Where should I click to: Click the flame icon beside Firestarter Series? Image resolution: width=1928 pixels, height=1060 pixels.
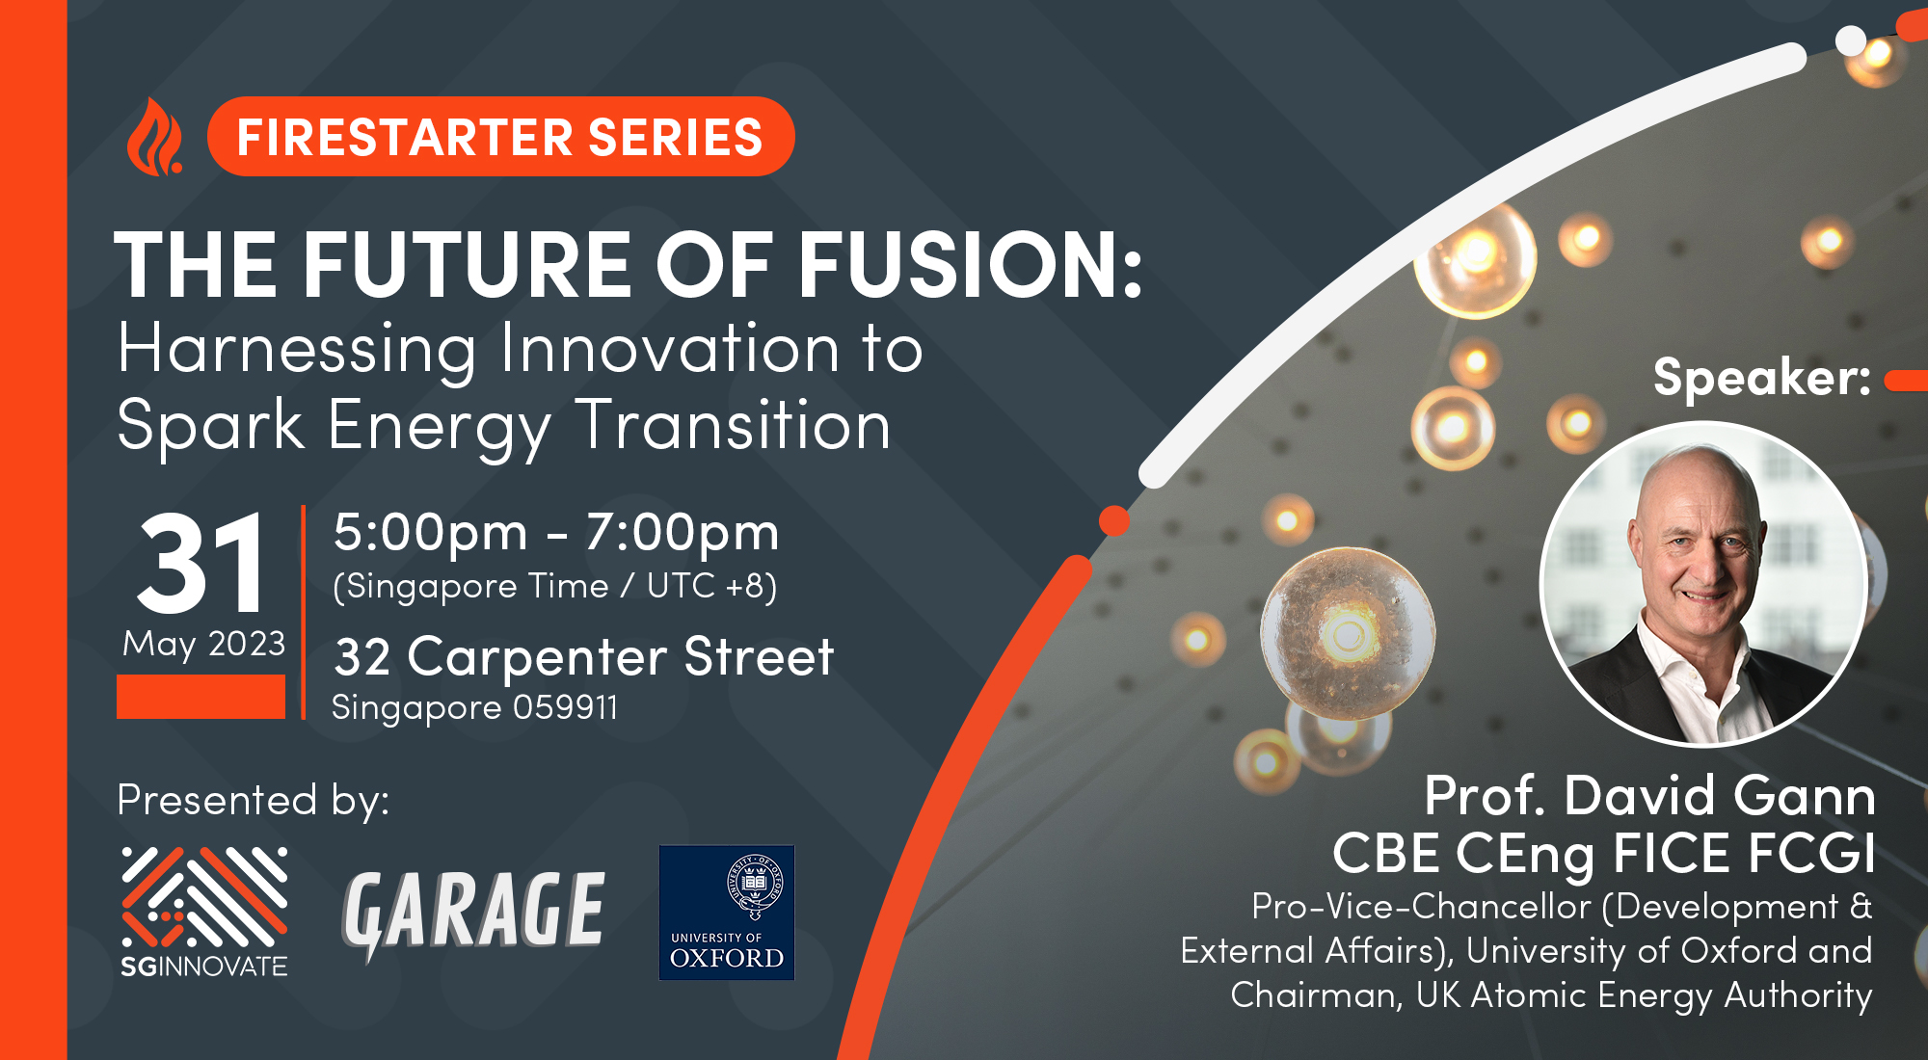tap(154, 137)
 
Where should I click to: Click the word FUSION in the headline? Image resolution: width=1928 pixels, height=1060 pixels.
tap(970, 265)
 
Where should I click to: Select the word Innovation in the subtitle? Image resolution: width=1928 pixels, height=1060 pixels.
tap(671, 348)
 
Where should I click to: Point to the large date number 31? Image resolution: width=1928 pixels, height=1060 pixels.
tap(201, 564)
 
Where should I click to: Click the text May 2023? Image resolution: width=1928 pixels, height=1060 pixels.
tap(204, 644)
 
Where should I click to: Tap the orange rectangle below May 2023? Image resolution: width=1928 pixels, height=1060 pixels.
tap(201, 696)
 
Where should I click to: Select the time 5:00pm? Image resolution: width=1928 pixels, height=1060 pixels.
tap(431, 534)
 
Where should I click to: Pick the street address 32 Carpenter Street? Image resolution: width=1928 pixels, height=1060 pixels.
tap(583, 658)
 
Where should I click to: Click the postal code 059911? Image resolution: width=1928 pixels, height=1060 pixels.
tap(565, 707)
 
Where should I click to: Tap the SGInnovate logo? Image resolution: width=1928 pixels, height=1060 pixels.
tap(204, 912)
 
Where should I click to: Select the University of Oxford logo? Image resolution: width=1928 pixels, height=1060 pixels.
tap(727, 913)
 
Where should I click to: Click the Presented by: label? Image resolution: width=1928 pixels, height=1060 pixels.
tap(254, 801)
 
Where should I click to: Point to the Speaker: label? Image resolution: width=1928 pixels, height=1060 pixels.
tap(1762, 377)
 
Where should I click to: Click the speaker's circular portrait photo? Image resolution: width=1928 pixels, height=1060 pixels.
tap(1703, 583)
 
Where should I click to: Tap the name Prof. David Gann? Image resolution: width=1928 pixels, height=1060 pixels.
tap(1650, 796)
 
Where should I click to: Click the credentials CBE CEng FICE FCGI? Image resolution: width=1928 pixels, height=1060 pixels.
tap(1604, 854)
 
